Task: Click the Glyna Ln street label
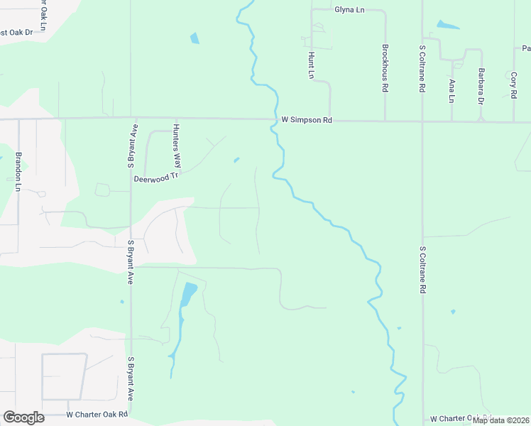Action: pos(349,10)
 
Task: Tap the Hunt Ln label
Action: pos(311,65)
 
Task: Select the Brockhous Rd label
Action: pos(385,69)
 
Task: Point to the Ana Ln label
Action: pos(451,90)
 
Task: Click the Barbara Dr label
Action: pos(481,87)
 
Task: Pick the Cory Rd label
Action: pos(513,84)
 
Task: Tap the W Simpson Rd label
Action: pos(307,121)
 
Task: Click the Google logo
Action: pos(23,417)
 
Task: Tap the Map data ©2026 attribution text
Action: pos(500,420)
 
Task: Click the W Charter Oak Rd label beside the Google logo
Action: pos(97,414)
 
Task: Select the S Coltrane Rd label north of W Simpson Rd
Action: pos(422,69)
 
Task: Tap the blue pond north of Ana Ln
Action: pos(448,26)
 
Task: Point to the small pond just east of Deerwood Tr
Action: pos(236,159)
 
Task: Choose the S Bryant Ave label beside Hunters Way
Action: pos(131,146)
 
